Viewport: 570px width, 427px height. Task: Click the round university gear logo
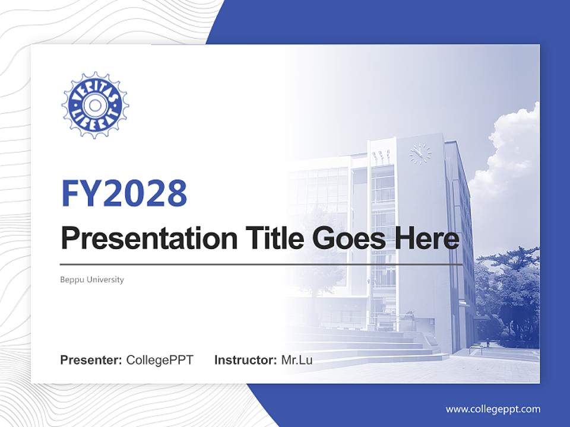(95, 106)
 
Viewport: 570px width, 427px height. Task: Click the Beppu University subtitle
(92, 279)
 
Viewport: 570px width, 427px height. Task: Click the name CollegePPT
(160, 360)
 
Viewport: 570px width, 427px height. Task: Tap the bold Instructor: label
(245, 360)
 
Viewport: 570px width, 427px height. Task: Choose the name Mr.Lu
(297, 360)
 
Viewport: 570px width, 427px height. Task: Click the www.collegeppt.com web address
(493, 409)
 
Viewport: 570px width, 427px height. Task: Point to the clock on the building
(419, 154)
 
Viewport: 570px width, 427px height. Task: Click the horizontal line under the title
(261, 265)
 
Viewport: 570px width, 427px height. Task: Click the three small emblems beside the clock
(381, 155)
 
